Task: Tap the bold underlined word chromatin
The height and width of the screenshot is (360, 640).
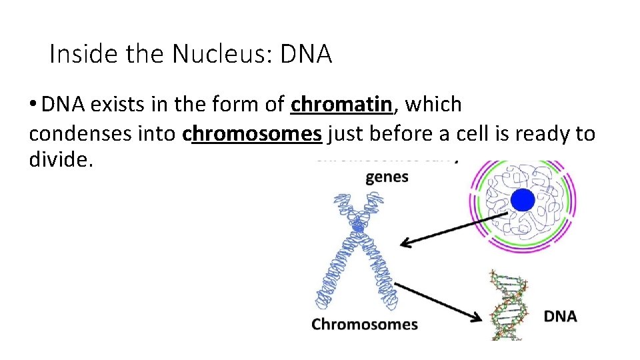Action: point(341,105)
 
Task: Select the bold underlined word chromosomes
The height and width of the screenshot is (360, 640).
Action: point(252,134)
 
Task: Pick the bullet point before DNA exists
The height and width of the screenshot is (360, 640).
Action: point(33,105)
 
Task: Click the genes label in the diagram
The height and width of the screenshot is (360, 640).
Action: point(387,177)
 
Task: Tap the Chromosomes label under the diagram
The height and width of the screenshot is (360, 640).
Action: point(365,325)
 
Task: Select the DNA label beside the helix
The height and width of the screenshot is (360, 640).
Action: point(560,316)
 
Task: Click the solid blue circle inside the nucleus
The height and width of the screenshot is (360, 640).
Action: point(522,201)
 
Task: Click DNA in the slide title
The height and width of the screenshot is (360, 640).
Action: point(306,55)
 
